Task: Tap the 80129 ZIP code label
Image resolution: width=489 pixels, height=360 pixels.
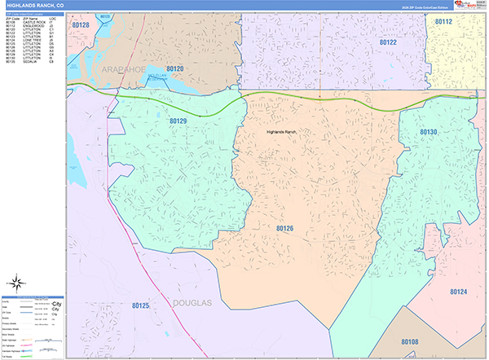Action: pos(178,121)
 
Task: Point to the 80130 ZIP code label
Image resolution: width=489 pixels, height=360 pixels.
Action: pos(429,132)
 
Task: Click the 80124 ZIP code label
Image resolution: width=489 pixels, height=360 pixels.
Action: pos(458,291)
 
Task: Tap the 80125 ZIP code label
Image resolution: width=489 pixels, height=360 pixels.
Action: pos(139,306)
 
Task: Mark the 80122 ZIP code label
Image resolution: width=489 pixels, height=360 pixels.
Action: pos(388,42)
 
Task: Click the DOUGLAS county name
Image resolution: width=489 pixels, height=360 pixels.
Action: pos(192,303)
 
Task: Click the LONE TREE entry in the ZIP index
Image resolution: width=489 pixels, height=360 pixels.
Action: pos(36,40)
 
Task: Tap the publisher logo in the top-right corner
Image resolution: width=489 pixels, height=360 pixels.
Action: pos(469,5)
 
